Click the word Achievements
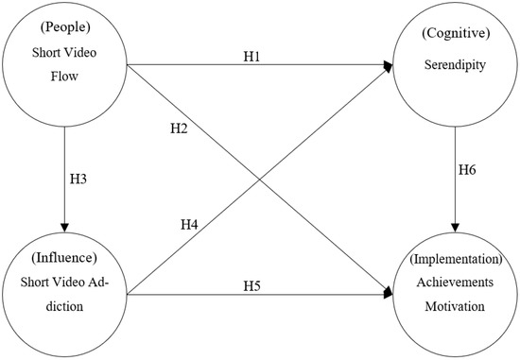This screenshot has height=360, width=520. (x=456, y=281)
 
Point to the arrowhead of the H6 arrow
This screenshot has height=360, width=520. (x=456, y=228)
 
